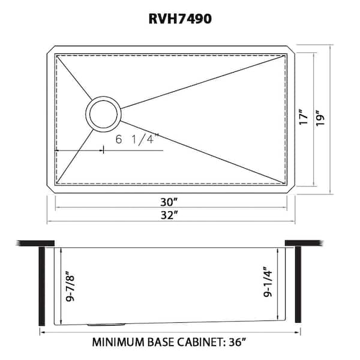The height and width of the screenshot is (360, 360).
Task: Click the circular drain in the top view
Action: [x=104, y=113]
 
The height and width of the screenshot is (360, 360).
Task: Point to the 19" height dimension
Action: [x=324, y=117]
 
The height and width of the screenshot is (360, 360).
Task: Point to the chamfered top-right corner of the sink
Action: [x=291, y=50]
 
